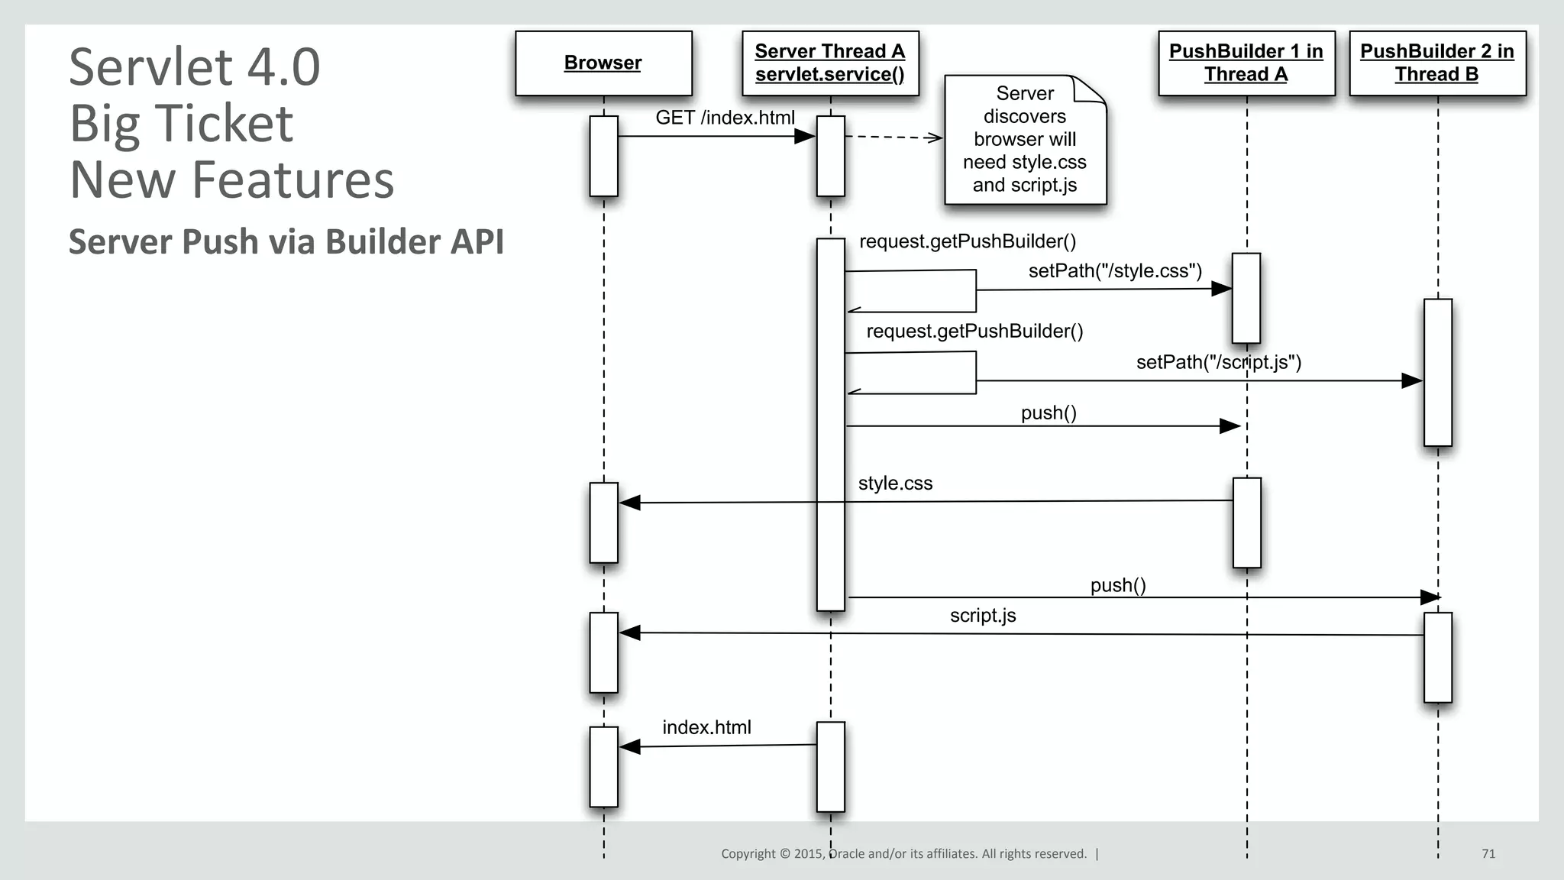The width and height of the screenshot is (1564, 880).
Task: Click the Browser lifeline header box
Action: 603,63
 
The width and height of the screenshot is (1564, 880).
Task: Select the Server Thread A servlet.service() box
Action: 830,63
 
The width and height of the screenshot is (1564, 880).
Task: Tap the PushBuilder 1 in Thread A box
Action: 1246,63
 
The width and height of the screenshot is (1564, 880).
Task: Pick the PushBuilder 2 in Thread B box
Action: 1437,63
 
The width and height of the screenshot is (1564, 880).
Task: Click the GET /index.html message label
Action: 725,118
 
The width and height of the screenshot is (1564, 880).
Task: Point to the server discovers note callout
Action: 1025,140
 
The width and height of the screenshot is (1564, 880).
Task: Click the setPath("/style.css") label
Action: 1115,271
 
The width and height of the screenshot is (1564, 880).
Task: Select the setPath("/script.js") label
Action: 1219,362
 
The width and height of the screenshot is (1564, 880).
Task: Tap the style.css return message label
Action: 895,484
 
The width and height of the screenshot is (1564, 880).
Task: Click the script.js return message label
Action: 983,616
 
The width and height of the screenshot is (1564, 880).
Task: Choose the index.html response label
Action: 706,727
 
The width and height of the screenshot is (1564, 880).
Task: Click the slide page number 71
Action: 1488,854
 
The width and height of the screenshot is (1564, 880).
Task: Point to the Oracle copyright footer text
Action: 903,854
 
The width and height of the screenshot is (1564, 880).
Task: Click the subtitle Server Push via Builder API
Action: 286,241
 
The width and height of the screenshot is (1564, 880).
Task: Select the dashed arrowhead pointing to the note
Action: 935,137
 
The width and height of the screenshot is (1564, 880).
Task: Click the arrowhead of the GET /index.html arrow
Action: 806,136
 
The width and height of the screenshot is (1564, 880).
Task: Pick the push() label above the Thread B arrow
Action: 1118,585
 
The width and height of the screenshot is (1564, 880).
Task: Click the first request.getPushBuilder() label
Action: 968,241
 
